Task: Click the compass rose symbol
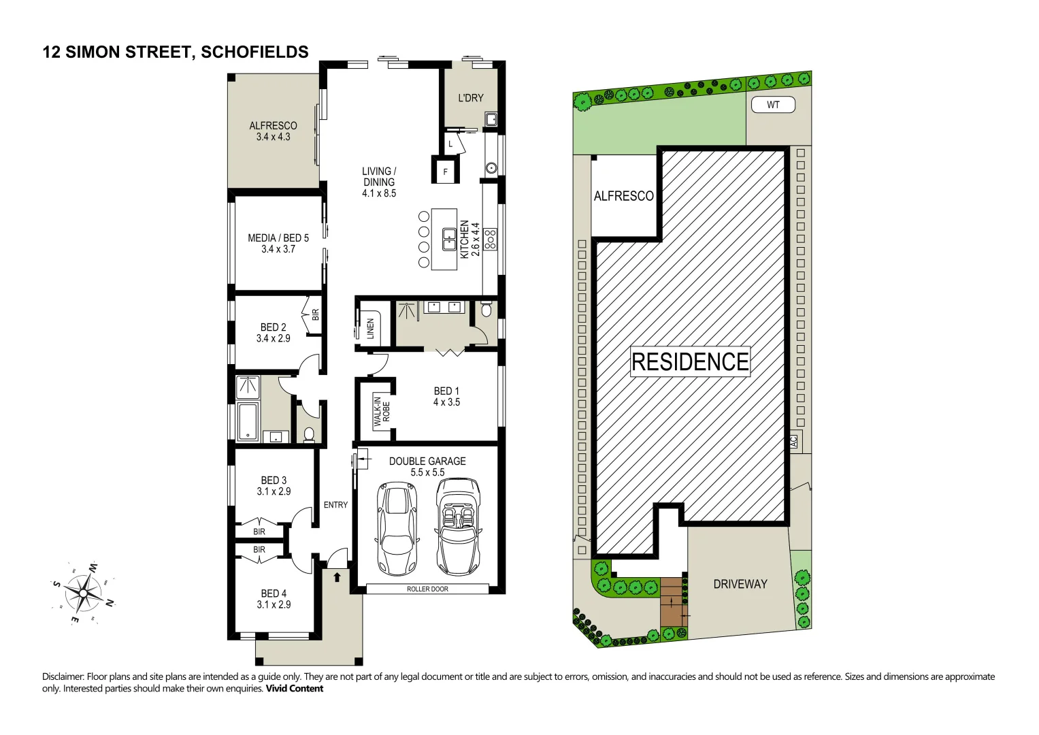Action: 83,593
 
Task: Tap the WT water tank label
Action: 773,105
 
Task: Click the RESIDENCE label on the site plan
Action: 690,362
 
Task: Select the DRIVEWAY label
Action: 740,584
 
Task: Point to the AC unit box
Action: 793,440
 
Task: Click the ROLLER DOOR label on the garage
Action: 427,589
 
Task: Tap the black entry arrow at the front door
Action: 337,577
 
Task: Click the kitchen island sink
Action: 449,239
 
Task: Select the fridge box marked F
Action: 446,171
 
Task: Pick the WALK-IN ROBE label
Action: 381,411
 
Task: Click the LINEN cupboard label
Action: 371,328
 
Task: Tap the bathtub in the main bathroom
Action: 247,422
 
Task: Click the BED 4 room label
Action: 274,599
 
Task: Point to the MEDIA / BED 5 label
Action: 278,243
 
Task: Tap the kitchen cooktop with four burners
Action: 490,238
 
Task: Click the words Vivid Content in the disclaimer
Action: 295,689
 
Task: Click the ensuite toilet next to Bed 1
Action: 486,310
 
